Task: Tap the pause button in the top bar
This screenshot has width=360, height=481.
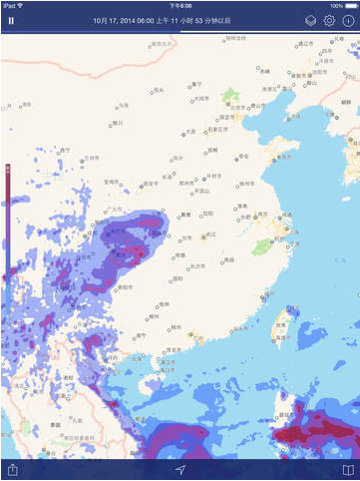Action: pos(11,20)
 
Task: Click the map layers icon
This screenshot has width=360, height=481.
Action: pos(311,20)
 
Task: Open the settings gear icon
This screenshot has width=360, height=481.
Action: pos(329,20)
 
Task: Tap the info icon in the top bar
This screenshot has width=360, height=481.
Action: pos(348,20)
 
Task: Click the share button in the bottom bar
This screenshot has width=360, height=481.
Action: pos(12,469)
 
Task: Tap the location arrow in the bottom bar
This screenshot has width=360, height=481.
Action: pos(180,469)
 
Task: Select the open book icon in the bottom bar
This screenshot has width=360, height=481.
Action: pos(348,469)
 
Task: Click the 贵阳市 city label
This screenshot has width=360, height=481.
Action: pos(127,286)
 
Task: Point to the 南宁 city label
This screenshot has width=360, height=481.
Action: pos(141,336)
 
